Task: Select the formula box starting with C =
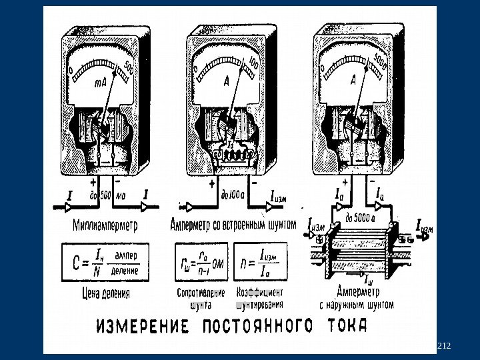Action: [x=104, y=263]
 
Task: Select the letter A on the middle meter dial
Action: [x=227, y=81]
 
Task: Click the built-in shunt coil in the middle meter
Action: [x=233, y=155]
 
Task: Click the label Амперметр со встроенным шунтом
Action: [x=233, y=225]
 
